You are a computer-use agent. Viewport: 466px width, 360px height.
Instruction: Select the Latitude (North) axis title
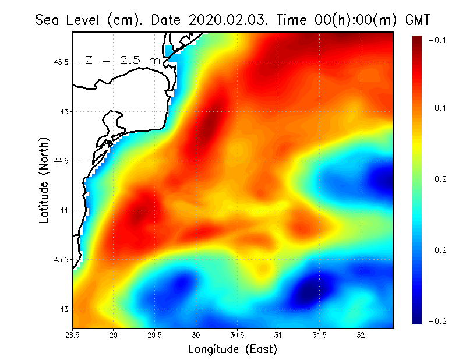(x=44, y=180)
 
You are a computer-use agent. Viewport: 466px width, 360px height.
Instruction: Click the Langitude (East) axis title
(x=232, y=349)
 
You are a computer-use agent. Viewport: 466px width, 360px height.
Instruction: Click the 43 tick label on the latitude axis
(x=64, y=309)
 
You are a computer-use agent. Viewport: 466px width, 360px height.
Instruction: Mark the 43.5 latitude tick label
(x=61, y=259)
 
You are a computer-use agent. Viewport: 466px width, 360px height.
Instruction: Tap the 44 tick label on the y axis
(x=64, y=210)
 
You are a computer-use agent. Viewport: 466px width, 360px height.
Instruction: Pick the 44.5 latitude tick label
(x=61, y=161)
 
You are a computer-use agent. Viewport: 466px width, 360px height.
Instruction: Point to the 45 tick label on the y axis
(x=64, y=111)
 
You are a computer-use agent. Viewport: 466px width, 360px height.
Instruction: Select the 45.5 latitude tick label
(x=61, y=62)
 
